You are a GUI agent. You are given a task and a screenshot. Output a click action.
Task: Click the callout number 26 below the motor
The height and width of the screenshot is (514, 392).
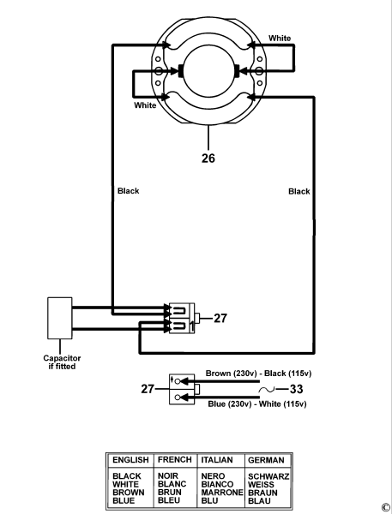208,158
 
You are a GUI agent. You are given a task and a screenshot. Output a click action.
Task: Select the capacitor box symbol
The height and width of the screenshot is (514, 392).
59,319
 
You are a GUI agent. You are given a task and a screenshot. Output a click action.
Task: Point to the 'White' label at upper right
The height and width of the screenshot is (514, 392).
280,39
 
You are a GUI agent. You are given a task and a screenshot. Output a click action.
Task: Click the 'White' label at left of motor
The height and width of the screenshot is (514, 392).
145,105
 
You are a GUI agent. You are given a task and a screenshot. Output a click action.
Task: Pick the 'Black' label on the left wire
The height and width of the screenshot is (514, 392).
128,191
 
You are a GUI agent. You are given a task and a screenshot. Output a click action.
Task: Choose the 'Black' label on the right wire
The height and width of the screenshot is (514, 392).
299,191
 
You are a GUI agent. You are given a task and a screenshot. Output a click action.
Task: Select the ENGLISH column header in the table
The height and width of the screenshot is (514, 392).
130,460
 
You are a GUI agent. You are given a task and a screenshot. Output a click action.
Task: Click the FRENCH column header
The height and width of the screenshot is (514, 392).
174,460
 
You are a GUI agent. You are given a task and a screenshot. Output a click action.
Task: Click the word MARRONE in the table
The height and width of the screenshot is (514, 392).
220,493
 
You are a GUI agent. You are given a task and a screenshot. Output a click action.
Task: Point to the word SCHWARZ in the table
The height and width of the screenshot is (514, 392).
268,475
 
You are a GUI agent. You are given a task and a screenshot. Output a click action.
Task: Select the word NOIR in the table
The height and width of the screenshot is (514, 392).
168,475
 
